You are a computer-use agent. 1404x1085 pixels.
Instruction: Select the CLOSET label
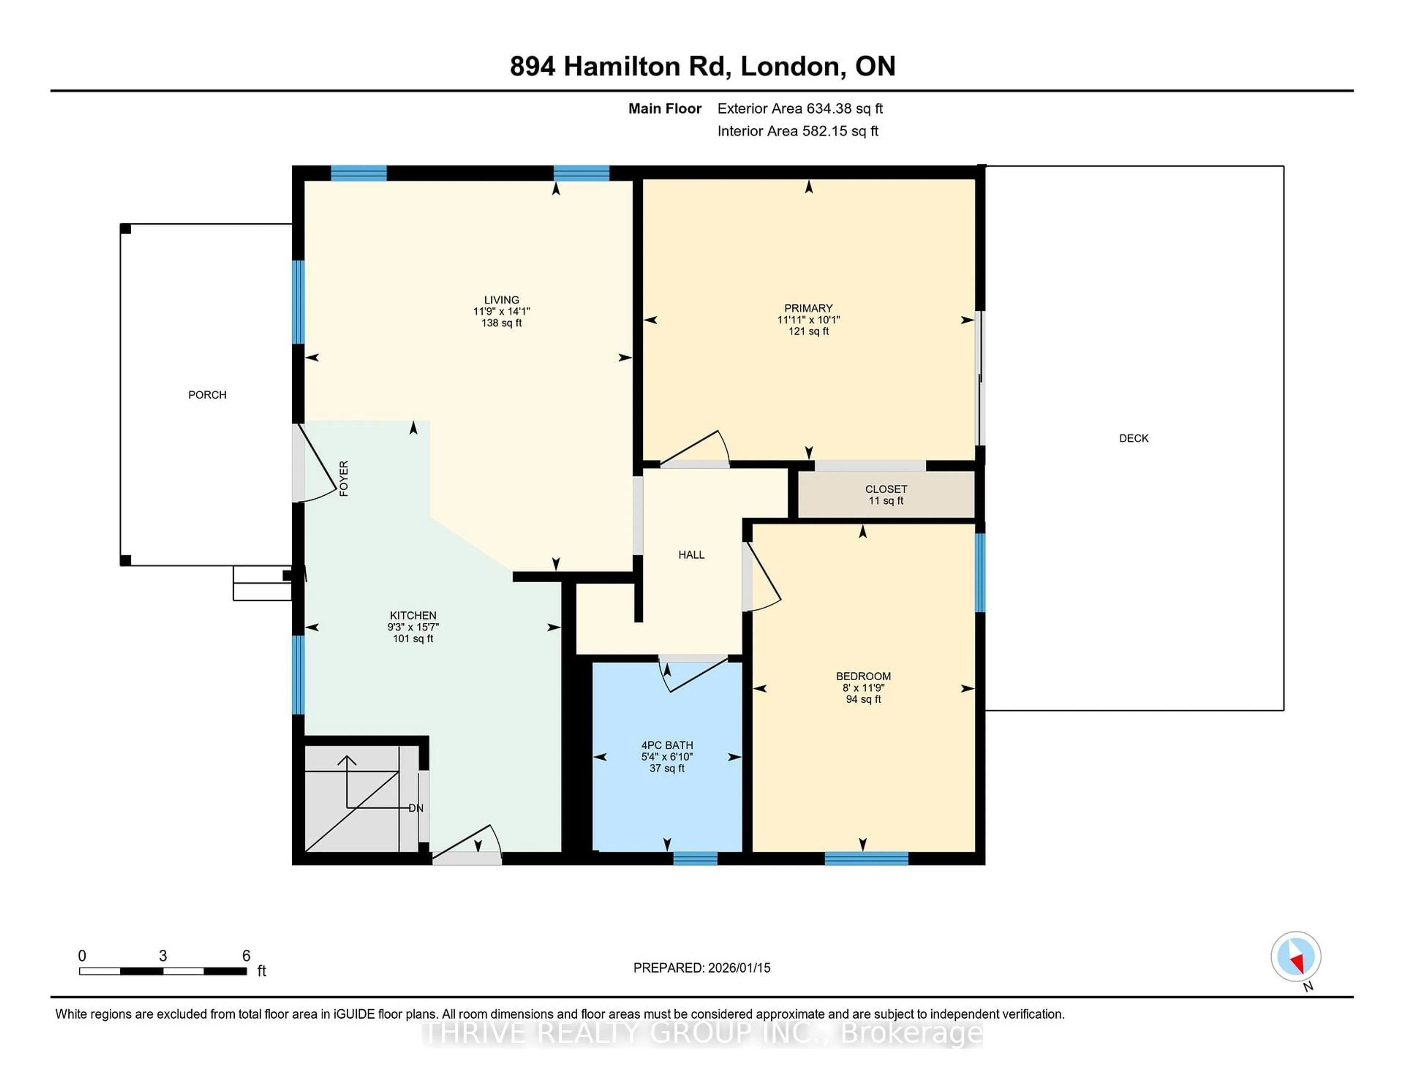coord(886,489)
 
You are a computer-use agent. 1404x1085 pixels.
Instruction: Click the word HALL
coord(691,555)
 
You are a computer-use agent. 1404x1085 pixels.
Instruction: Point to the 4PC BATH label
coord(667,746)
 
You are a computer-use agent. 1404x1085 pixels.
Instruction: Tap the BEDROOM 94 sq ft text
coord(863,699)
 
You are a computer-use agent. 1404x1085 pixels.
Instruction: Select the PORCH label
coord(207,395)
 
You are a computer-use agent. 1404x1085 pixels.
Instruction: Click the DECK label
coord(1133,438)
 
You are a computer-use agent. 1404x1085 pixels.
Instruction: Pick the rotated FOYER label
coord(344,478)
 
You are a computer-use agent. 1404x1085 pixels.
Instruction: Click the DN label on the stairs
coord(416,808)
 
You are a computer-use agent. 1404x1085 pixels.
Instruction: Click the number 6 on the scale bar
coord(246,956)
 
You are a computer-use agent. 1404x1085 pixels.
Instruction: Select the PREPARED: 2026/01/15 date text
coord(701,968)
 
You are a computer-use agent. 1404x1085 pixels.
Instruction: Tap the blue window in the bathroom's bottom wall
coord(695,858)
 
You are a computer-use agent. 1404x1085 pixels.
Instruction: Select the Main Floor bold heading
coord(665,109)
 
